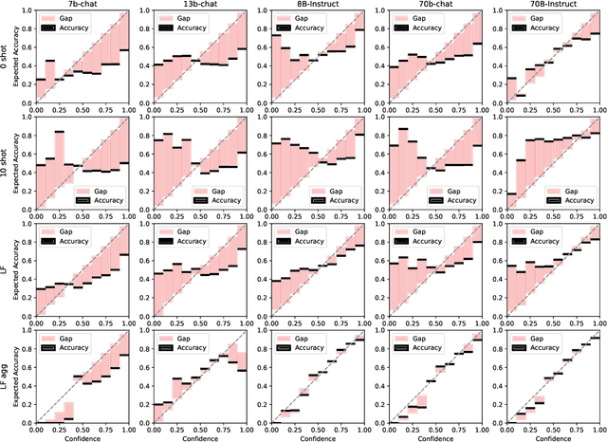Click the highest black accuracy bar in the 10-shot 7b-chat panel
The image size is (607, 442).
[59, 132]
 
